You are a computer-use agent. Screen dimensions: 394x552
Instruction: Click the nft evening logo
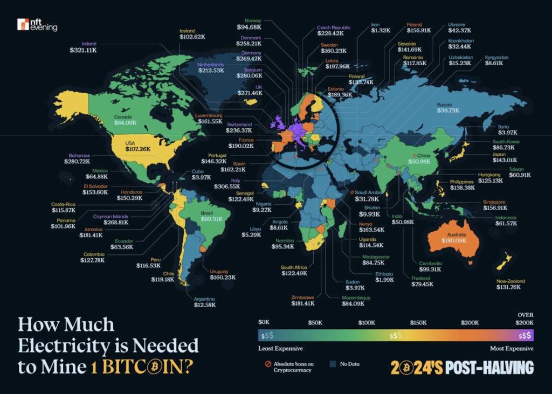(37, 24)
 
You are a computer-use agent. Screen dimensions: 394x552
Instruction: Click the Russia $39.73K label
(448, 108)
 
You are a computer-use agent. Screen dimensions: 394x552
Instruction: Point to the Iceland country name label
(187, 31)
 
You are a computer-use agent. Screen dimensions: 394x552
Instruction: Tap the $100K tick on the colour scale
(367, 322)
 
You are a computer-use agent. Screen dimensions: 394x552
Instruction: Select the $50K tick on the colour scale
(315, 322)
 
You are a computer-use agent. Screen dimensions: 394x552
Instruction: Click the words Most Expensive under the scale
(512, 349)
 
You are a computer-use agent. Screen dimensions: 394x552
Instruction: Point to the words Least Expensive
(281, 349)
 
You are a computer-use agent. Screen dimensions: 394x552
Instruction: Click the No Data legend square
(333, 364)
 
